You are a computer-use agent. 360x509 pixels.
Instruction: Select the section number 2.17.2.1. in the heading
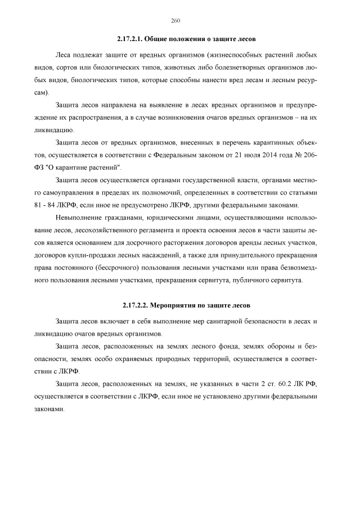tap(130, 40)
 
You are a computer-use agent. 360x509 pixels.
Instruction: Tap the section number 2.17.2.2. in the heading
tap(135, 305)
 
